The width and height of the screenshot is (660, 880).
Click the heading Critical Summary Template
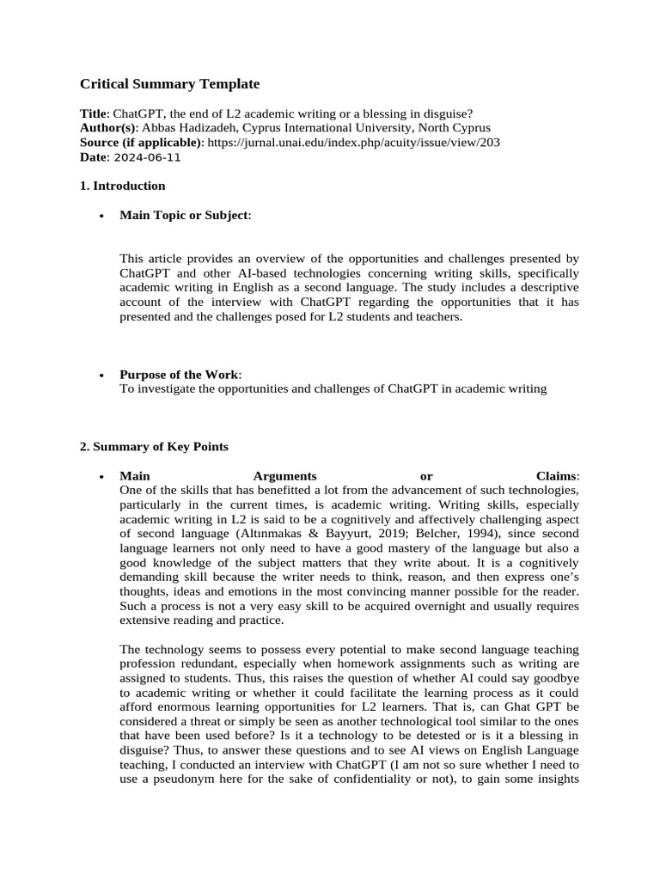[x=169, y=84]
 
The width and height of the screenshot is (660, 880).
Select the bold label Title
[x=94, y=114]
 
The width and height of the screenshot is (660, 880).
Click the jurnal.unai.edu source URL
[x=355, y=143]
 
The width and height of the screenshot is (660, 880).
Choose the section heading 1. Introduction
[x=123, y=186]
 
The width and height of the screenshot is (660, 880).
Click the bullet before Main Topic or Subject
[x=102, y=216]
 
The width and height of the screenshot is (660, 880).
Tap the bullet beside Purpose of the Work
[x=102, y=376]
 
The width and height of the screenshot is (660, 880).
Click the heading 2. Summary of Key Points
[x=154, y=447]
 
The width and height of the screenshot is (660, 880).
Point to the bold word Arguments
[x=285, y=476]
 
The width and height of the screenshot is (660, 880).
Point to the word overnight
[x=413, y=606]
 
